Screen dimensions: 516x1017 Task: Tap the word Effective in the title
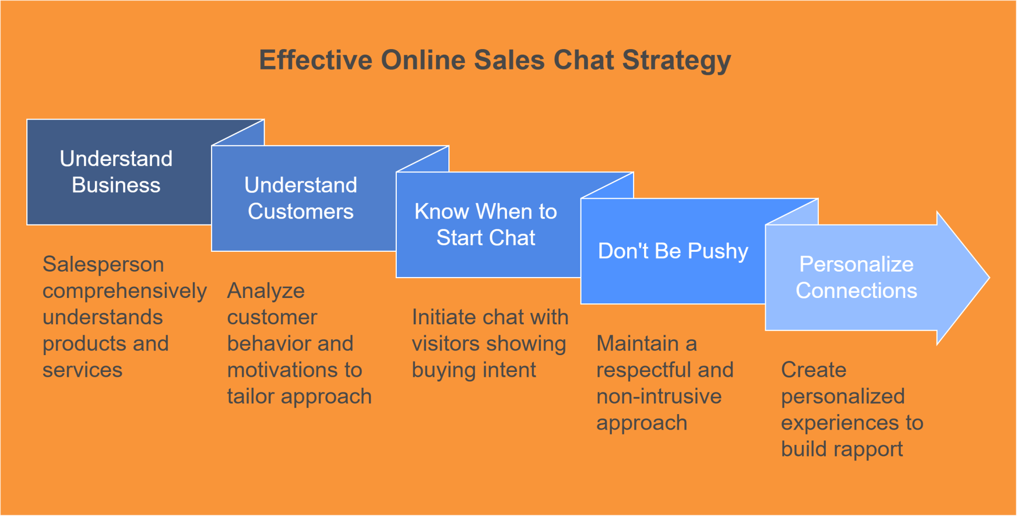pyautogui.click(x=316, y=61)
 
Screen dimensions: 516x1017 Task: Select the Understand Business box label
pyautogui.click(x=116, y=172)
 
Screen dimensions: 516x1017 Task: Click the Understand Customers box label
pyautogui.click(x=300, y=198)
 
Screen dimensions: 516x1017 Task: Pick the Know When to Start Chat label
pyautogui.click(x=486, y=224)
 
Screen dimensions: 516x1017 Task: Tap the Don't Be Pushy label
pyautogui.click(x=673, y=251)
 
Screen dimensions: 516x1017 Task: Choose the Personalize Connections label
pyautogui.click(x=856, y=277)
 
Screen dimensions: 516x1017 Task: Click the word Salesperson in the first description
pyautogui.click(x=103, y=264)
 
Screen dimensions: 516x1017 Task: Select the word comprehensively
pyautogui.click(x=124, y=291)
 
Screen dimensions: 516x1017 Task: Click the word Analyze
pyautogui.click(x=266, y=291)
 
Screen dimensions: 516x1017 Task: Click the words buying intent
pyautogui.click(x=474, y=370)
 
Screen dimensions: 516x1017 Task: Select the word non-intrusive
pyautogui.click(x=659, y=397)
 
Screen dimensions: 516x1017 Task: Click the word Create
pyautogui.click(x=813, y=370)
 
